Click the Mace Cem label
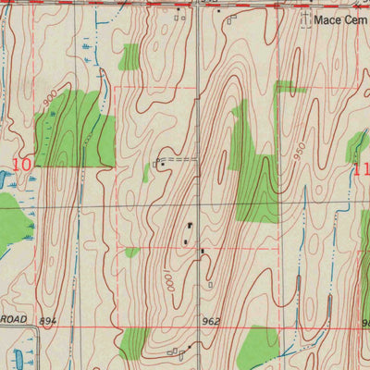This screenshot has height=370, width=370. coord(339,18)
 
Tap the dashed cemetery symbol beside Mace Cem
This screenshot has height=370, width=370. coord(306,19)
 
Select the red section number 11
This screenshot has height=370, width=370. coord(361,170)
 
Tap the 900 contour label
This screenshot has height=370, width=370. coord(48,96)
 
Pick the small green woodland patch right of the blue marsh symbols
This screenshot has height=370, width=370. coord(130,56)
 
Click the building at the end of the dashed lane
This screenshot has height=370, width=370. coord(159,164)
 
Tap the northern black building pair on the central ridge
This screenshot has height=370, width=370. coord(191,227)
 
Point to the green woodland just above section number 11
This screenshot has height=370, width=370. coord(356,146)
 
